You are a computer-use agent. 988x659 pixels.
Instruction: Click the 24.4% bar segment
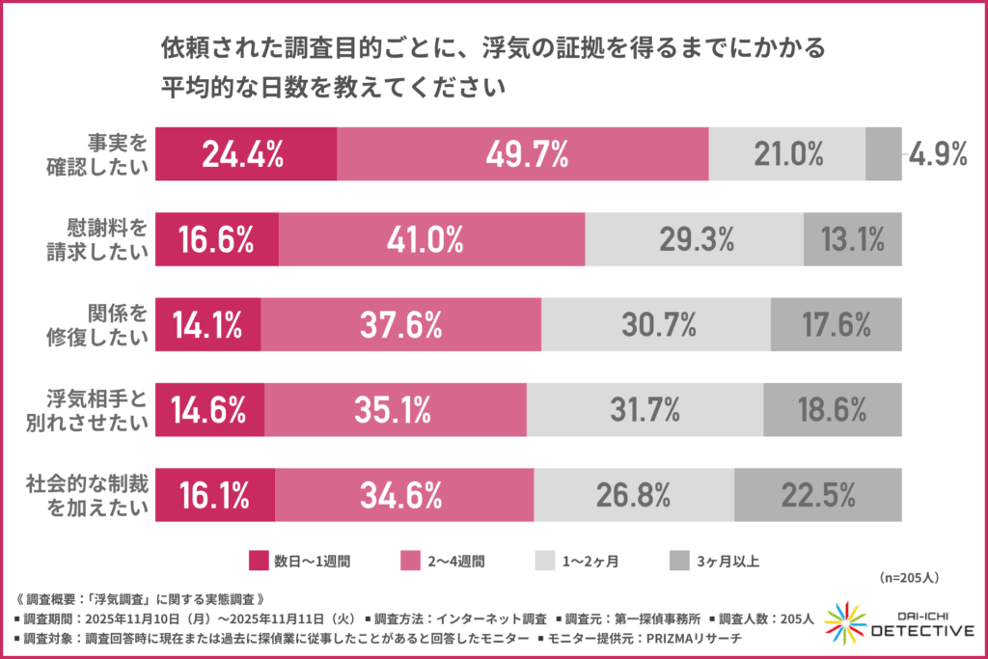(246, 153)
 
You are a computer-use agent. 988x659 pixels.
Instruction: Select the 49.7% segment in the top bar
(522, 153)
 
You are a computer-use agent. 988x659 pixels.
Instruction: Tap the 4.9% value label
(938, 154)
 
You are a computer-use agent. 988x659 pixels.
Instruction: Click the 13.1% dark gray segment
(852, 239)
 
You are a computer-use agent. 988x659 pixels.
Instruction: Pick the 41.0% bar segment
(431, 239)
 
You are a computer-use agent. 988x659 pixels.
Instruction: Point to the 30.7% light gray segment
(655, 325)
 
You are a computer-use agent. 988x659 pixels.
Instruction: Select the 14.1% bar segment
(207, 325)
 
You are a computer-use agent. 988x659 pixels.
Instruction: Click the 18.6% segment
(832, 410)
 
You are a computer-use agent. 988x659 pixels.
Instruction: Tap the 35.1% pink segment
(395, 410)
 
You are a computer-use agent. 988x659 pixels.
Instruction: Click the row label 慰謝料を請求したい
(99, 239)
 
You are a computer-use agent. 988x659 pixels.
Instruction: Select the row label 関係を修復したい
(99, 325)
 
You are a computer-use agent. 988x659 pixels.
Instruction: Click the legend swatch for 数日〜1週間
(258, 560)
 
